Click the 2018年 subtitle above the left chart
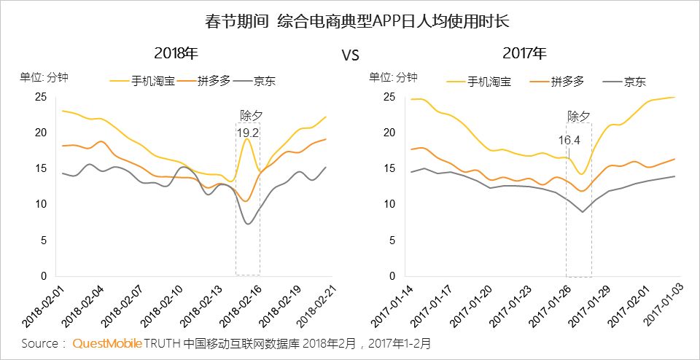[x=176, y=53]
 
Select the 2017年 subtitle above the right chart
[x=524, y=53]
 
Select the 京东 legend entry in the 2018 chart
[x=265, y=82]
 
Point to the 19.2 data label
[x=248, y=133]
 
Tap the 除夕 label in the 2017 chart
[x=578, y=116]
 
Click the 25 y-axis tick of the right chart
[x=390, y=97]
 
